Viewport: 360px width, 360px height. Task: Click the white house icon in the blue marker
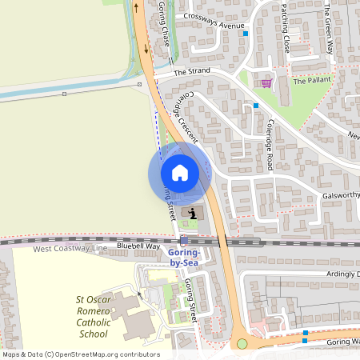coord(179,173)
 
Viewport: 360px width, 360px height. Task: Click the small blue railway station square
coord(184,240)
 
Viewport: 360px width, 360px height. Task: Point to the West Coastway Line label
coord(70,249)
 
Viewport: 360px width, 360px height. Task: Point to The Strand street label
coord(192,71)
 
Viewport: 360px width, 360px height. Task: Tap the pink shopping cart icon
coord(266,82)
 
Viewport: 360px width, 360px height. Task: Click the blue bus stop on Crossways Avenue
coord(246,34)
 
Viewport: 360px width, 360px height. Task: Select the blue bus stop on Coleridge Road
coord(256,106)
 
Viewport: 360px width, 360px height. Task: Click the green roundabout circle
coord(242,344)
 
